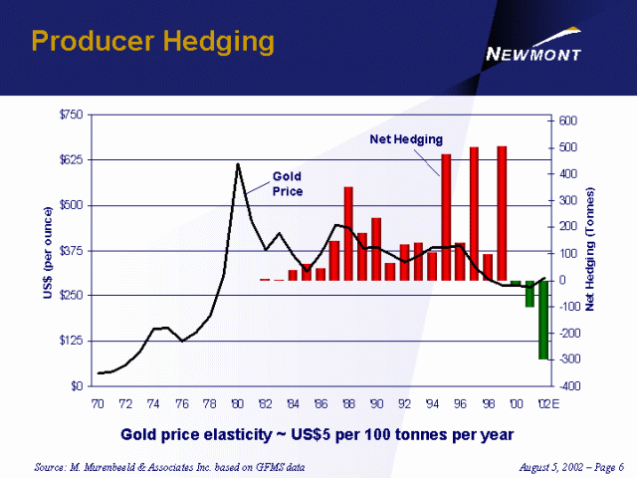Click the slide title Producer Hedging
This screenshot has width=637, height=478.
click(x=152, y=41)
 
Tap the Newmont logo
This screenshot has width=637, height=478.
click(x=532, y=51)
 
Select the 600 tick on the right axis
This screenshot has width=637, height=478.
click(x=565, y=120)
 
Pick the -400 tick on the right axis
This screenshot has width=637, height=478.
click(x=564, y=385)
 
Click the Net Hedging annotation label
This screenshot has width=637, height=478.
click(x=406, y=138)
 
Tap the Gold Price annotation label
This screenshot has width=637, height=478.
click(x=288, y=183)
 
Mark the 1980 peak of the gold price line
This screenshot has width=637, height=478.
click(x=238, y=164)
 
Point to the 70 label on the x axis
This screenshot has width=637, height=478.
click(x=98, y=403)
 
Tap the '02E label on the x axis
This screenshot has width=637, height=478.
click(x=546, y=403)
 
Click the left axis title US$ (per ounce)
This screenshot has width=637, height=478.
click(x=47, y=251)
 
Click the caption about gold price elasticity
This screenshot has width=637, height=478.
click(x=318, y=435)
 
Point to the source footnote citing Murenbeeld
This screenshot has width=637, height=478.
click(x=168, y=466)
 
